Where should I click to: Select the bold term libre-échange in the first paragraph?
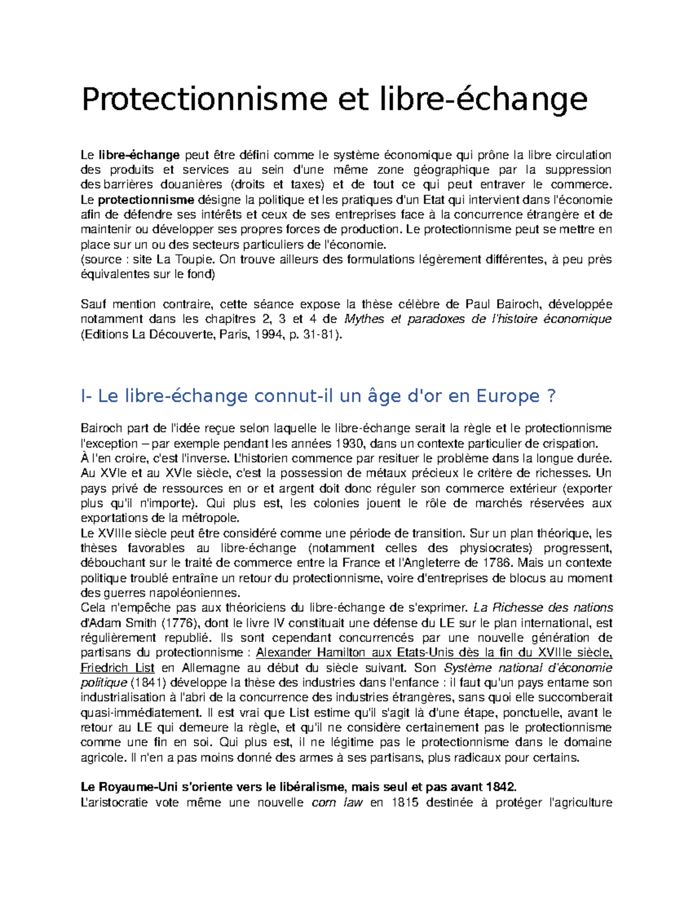(x=139, y=155)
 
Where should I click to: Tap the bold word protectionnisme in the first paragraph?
(x=146, y=200)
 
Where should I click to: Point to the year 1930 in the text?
(x=349, y=444)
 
